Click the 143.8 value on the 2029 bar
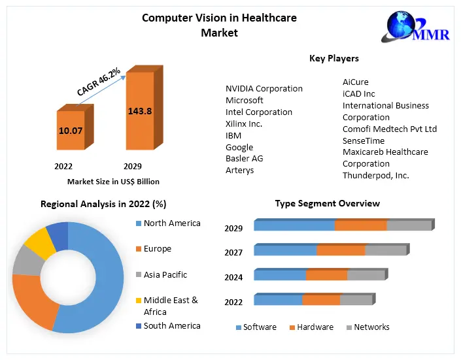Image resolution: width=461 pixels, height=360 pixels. click(x=140, y=111)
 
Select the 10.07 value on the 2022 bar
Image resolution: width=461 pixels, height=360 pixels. click(x=71, y=131)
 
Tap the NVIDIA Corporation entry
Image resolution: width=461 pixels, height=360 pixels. click(x=264, y=89)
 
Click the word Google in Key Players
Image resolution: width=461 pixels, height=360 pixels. click(x=239, y=148)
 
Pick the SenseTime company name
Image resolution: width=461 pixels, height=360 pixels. click(x=364, y=140)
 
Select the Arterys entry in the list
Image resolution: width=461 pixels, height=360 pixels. click(x=240, y=171)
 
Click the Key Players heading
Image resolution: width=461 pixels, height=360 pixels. click(x=334, y=59)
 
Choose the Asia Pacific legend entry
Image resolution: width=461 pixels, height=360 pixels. click(x=165, y=275)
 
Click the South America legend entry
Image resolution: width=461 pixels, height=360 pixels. click(x=172, y=326)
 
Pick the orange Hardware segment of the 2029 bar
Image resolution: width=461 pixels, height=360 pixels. click(x=360, y=226)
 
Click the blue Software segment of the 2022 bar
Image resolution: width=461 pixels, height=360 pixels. click(x=278, y=300)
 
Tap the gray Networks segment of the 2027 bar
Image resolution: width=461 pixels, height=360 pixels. click(x=385, y=250)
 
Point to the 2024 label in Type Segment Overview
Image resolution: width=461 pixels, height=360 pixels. click(x=233, y=277)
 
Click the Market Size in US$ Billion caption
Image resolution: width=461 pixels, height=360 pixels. click(x=113, y=182)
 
